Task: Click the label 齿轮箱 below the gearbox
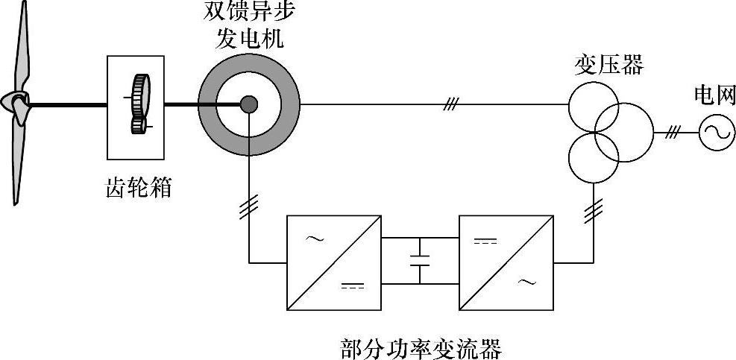[x=138, y=186]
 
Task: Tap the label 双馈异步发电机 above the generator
[x=249, y=26]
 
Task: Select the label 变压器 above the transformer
[x=608, y=65]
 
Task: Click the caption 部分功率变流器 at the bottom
[x=420, y=349]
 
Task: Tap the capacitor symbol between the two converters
[x=420, y=261]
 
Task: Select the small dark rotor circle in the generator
[x=249, y=104]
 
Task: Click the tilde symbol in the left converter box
[x=315, y=240]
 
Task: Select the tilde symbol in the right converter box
[x=526, y=282]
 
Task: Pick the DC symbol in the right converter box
[x=487, y=241]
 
